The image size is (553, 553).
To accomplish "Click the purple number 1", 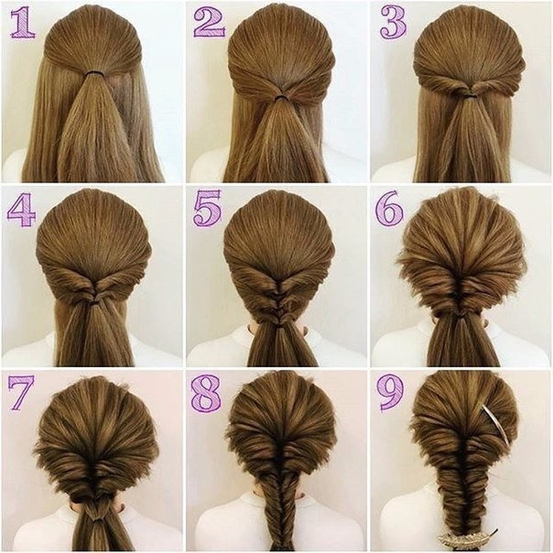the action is pos(24,22).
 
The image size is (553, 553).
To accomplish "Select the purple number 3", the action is pos(394,23).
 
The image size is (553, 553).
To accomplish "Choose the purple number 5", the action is pos(207,207).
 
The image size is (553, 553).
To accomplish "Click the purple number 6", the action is pos(389,209).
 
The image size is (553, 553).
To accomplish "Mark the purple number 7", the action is pos(21,392).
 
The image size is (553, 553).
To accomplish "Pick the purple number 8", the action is pos(206,393).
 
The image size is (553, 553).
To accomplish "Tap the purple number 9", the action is pos(390,393).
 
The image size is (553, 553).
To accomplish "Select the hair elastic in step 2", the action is pos(281,97).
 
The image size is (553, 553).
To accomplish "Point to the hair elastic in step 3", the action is pos(468,94).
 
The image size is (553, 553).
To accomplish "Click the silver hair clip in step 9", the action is pos(495,425).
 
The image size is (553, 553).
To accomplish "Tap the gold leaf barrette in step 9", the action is pos(467,537).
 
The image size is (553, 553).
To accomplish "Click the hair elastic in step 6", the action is pos(461,316).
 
